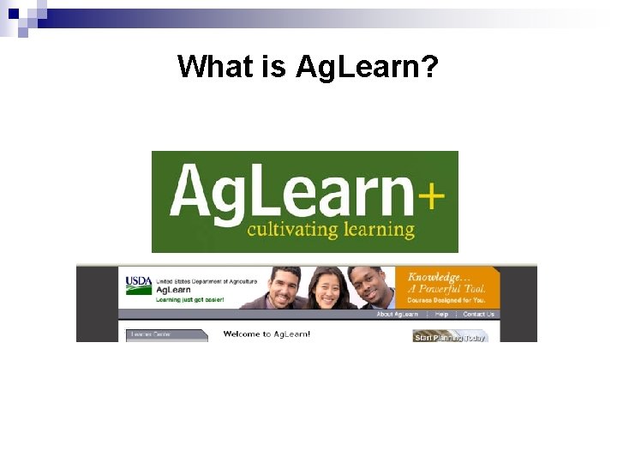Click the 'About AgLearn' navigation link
[x=398, y=315]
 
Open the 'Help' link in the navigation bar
[x=441, y=315]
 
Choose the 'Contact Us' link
[x=478, y=315]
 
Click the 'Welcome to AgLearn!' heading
[x=267, y=334]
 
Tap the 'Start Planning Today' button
[x=450, y=337]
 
